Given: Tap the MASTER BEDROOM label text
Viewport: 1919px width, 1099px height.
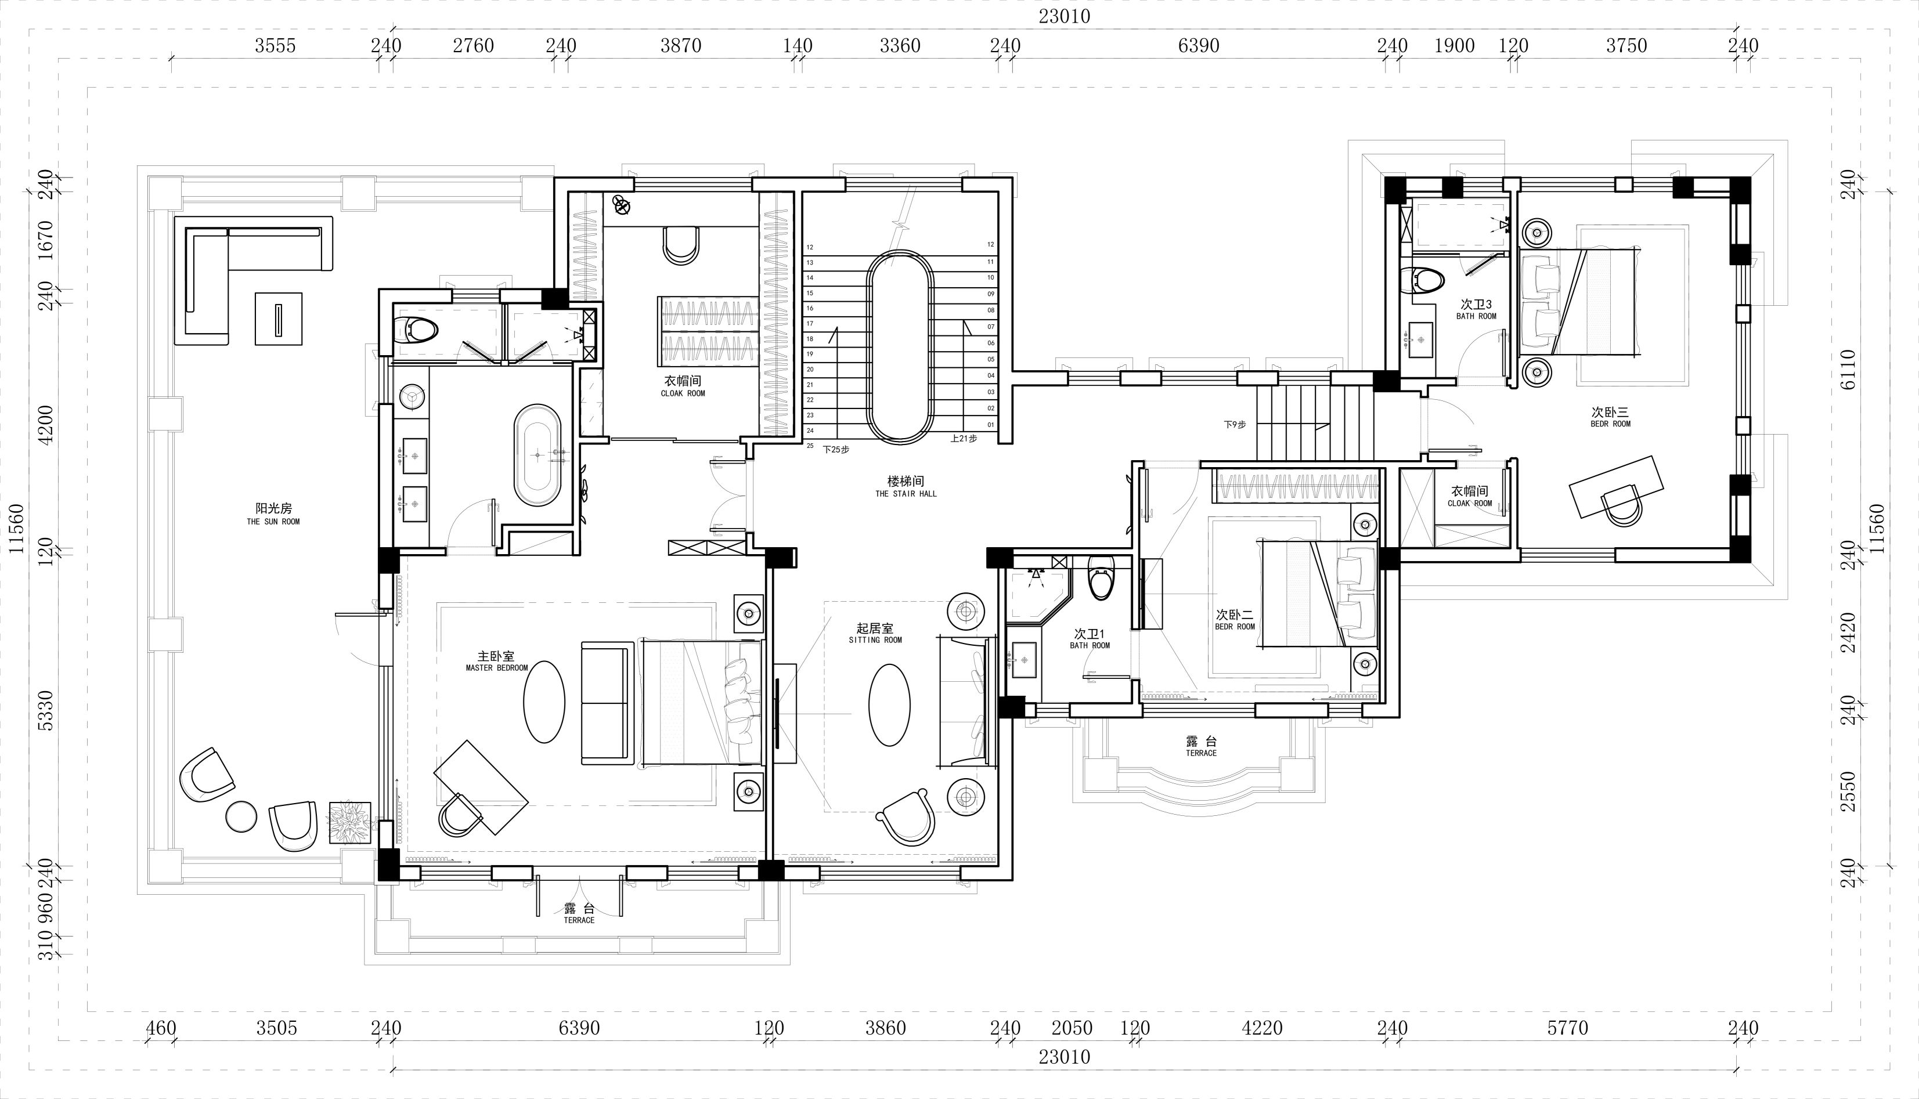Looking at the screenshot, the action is tap(497, 668).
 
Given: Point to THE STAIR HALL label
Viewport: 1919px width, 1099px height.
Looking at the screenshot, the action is tap(906, 494).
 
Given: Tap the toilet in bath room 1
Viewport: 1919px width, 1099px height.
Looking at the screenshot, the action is tap(1101, 578).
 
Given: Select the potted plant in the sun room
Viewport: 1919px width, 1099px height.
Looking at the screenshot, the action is tap(349, 823).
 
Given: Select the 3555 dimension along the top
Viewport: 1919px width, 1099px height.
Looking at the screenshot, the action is tap(275, 46).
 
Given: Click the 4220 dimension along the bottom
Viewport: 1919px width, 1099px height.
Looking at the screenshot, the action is tap(1262, 1028).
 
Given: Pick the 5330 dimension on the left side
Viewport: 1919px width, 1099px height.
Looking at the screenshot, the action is tap(45, 710).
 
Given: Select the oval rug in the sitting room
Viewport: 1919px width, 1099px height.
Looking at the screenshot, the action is tap(889, 704).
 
